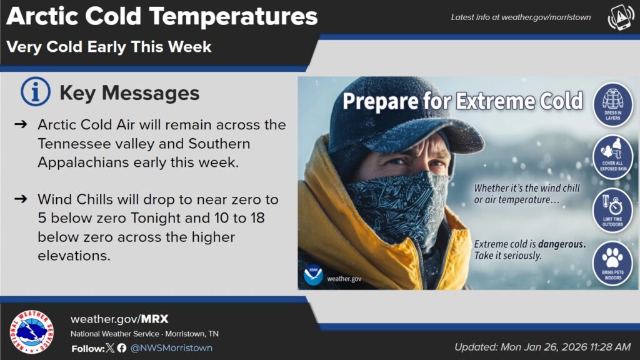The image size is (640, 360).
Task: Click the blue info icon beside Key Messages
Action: pos(36,91)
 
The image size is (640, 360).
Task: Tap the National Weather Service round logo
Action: pos(31,331)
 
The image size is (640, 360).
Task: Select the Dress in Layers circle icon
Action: pos(612,104)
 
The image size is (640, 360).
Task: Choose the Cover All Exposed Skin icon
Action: pos(612,157)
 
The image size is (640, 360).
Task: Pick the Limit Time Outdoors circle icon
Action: pos(612,210)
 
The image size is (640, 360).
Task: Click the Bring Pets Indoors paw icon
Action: pos(612,263)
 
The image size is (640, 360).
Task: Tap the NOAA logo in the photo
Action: pos(313,275)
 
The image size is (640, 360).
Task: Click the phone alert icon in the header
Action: pos(621,17)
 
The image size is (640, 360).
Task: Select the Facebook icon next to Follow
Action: pos(122,347)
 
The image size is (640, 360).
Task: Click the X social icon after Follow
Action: pos(110,347)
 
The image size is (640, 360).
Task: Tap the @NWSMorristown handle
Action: pos(171,347)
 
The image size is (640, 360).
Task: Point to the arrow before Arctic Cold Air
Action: pos(21,124)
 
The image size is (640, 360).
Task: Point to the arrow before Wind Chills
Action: pos(21,199)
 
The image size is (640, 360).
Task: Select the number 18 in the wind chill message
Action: pos(257,218)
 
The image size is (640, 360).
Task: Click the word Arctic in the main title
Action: pos(42,16)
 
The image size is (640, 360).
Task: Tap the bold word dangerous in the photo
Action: pos(562,244)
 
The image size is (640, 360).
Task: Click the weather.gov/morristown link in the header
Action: pos(546,17)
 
